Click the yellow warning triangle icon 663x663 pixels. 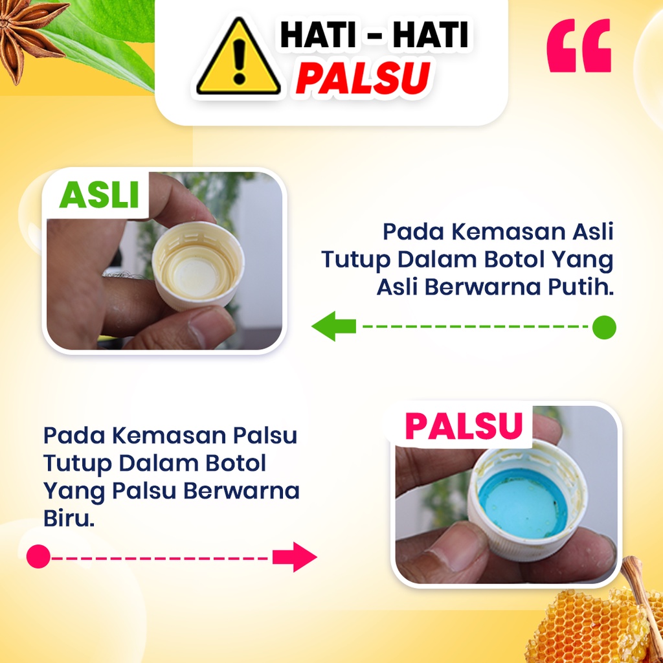coord(238,57)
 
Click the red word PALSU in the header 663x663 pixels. coord(363,78)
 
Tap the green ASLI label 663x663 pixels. coord(99,195)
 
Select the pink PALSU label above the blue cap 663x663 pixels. coord(464,425)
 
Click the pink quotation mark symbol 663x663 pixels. coord(579,45)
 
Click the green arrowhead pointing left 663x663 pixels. coord(333,326)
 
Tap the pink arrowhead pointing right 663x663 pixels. coord(295,557)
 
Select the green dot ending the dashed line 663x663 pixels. coord(604,327)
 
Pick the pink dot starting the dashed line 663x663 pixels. coord(38,556)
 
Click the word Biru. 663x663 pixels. coord(69,518)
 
